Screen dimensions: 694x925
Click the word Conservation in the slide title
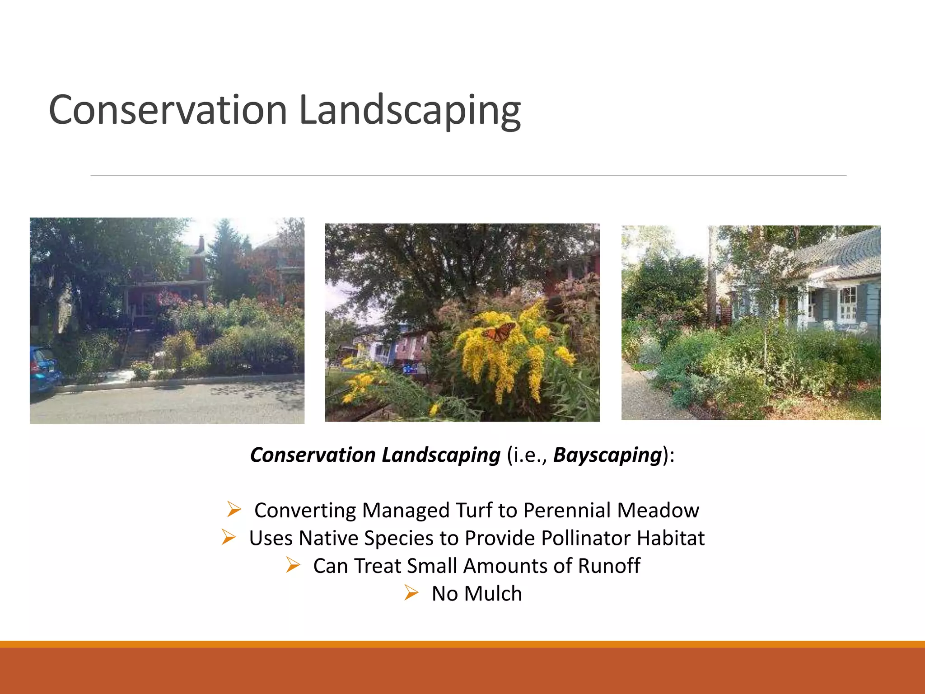tap(168, 110)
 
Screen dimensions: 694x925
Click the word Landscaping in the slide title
tap(410, 110)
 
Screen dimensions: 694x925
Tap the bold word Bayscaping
tap(607, 455)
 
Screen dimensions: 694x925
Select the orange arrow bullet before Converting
tap(234, 510)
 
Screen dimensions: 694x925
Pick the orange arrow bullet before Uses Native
tap(229, 537)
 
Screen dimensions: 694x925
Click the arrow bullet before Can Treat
tap(293, 565)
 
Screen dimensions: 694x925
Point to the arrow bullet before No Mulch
tap(411, 592)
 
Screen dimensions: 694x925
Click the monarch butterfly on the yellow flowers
tap(500, 332)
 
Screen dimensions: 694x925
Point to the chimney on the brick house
tap(201, 244)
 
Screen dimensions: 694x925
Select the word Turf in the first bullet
tap(474, 510)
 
